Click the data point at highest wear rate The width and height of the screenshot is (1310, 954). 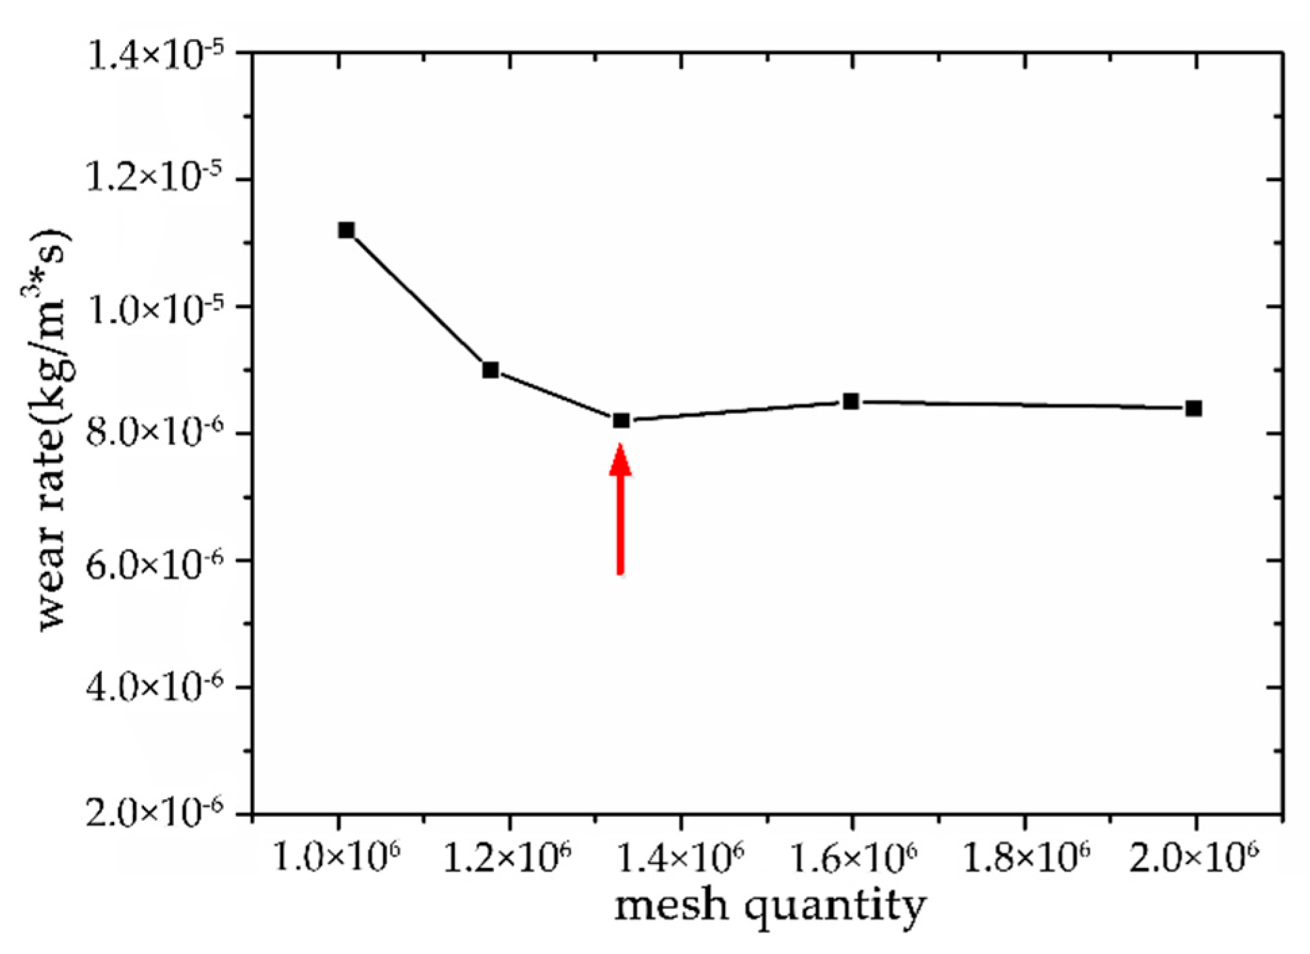click(x=346, y=231)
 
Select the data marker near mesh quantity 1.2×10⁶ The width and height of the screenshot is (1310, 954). click(x=490, y=370)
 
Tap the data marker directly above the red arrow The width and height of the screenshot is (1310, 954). click(x=621, y=421)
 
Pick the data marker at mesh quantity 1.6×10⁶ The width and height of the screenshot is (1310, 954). click(x=851, y=402)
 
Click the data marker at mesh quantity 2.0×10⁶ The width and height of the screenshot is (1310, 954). click(x=1194, y=408)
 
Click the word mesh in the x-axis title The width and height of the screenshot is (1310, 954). click(x=671, y=906)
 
